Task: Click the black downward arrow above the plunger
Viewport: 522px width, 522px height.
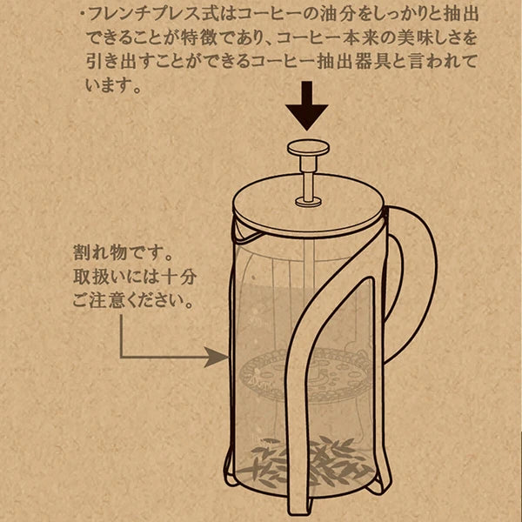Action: tap(308, 105)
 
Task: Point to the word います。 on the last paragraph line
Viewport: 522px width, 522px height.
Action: tap(113, 87)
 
